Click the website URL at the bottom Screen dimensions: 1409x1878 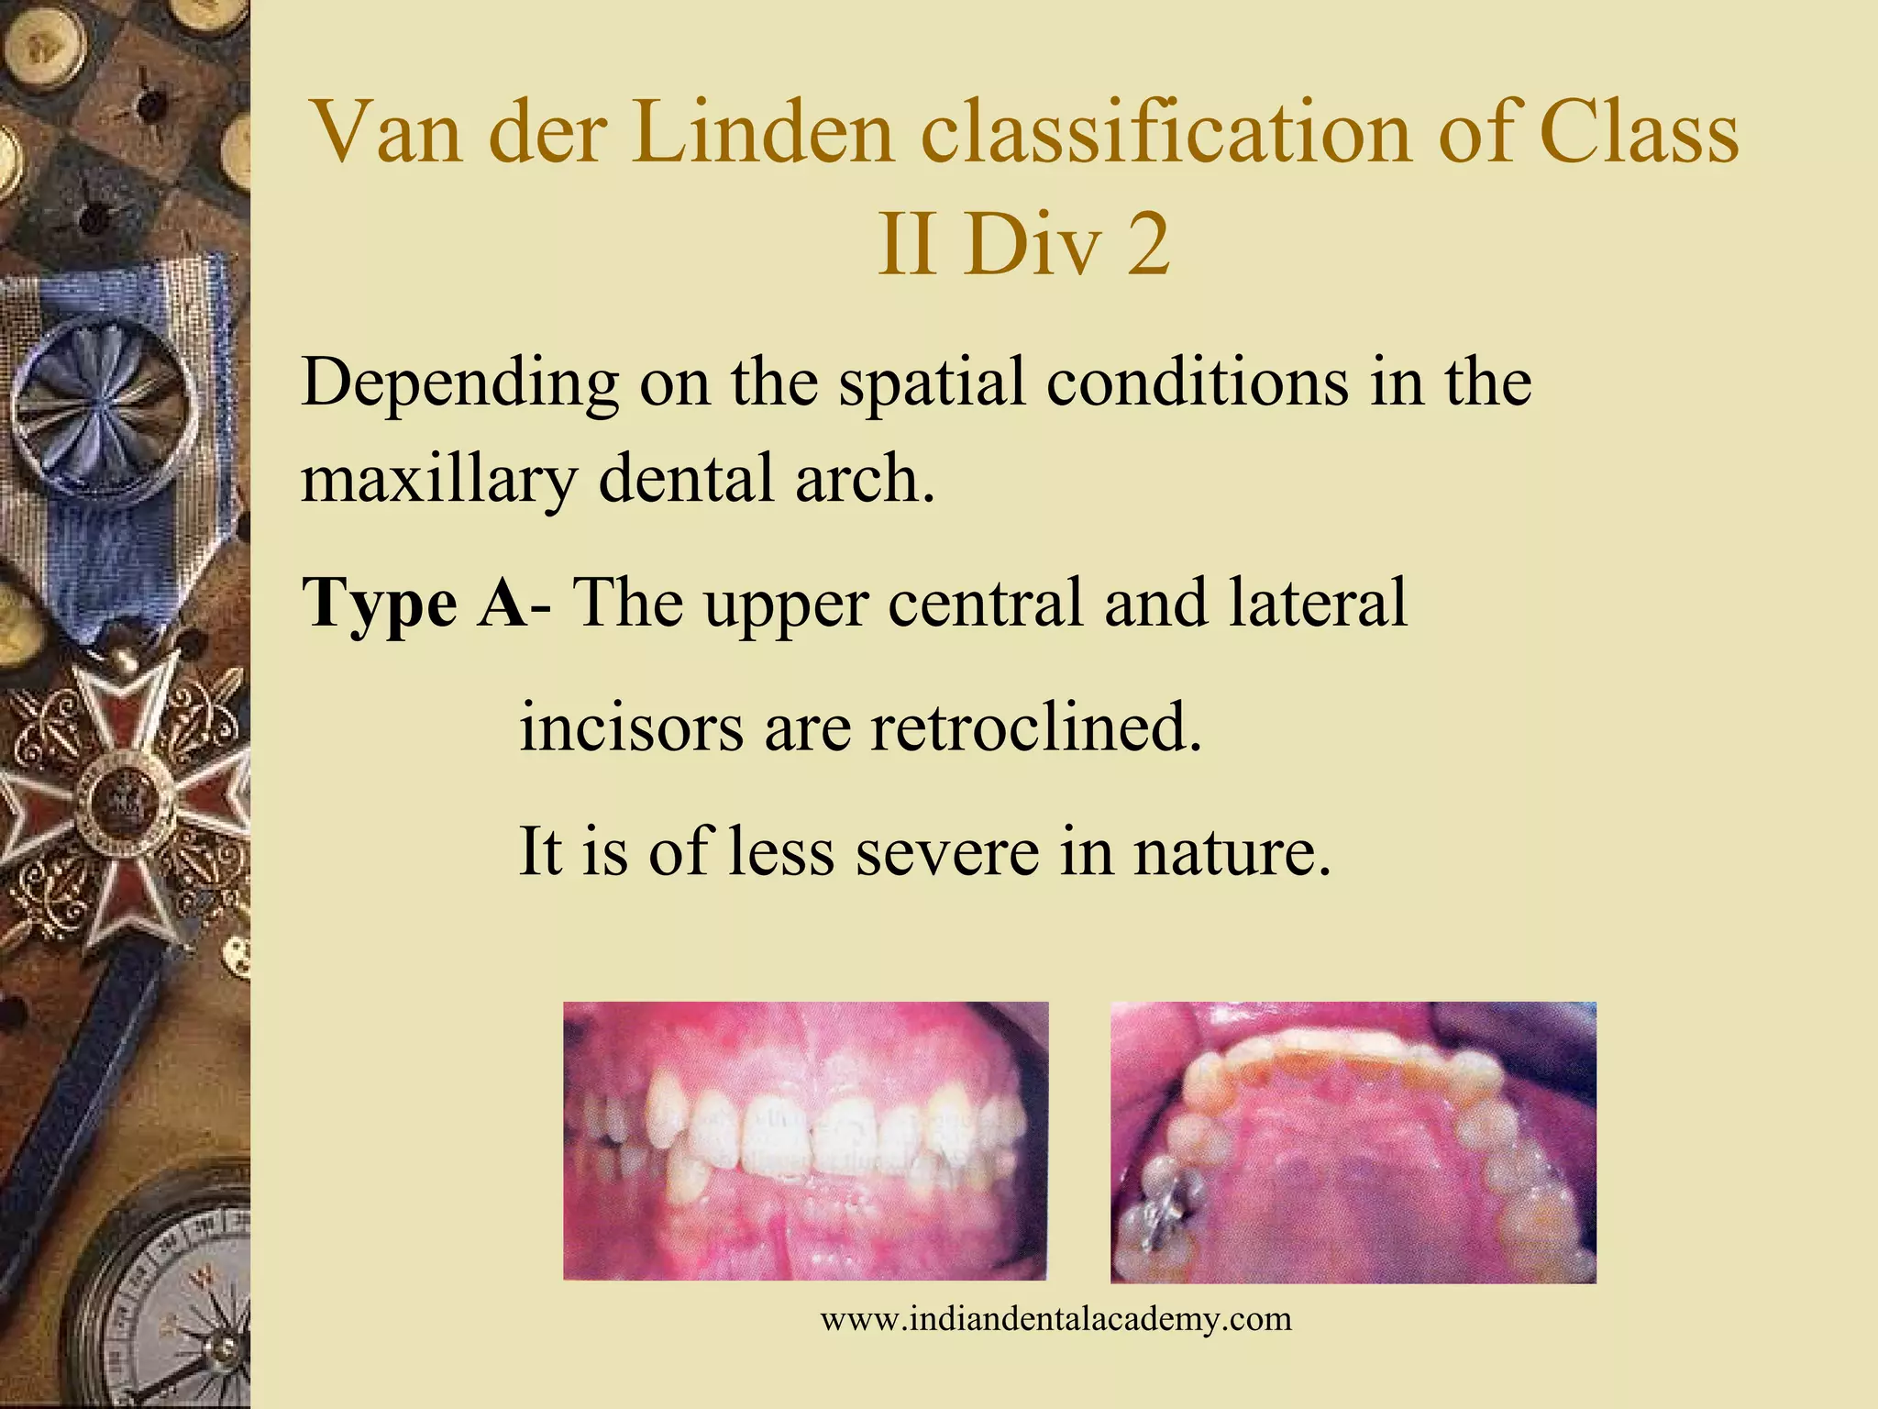[1055, 1320]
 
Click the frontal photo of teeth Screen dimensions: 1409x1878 [805, 1140]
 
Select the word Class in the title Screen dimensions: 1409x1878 [1638, 133]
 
